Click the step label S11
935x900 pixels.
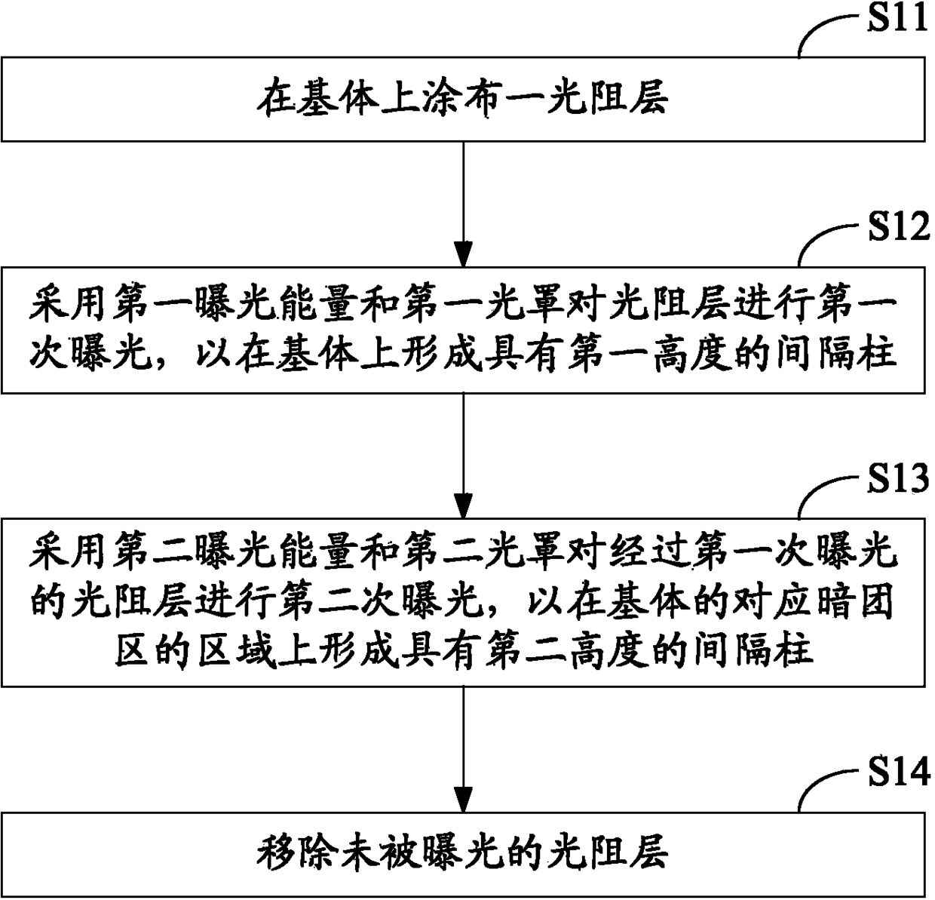pos(897,18)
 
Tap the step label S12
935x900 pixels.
pos(899,227)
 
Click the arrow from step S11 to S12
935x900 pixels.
pos(463,204)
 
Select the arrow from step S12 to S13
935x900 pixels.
pos(463,456)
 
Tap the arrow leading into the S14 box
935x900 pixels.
pos(463,750)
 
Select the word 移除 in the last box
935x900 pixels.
pos(297,854)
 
